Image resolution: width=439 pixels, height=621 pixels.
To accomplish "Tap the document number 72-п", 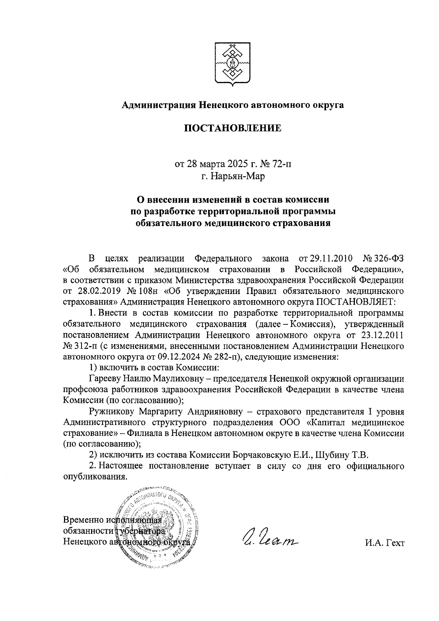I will [282, 164].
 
